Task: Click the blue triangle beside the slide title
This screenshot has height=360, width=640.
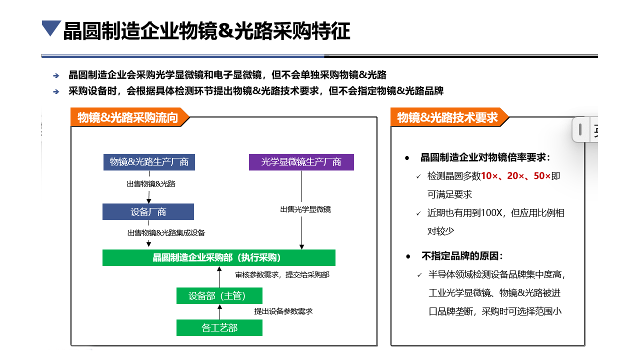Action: [51, 28]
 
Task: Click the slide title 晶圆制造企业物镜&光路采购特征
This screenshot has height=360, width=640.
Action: [206, 31]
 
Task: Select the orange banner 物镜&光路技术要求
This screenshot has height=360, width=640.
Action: [447, 117]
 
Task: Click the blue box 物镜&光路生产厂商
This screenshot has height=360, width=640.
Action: [149, 162]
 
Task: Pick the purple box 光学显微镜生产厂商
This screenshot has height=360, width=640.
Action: [301, 162]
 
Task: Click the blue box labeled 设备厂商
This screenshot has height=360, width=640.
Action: [148, 212]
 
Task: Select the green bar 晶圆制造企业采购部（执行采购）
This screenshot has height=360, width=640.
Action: [218, 257]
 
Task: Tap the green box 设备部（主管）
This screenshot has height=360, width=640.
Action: [219, 295]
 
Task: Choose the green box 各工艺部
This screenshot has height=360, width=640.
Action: [219, 328]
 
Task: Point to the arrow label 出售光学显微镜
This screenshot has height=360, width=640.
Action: [305, 209]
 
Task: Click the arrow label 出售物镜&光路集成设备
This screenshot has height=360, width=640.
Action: [166, 233]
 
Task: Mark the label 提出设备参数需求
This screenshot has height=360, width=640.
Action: [283, 311]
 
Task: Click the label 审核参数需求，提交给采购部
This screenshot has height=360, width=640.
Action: [282, 275]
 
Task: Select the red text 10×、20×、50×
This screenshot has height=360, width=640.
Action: [515, 176]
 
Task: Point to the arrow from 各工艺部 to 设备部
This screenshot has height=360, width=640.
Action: [219, 312]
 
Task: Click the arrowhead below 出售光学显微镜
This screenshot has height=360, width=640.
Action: [301, 246]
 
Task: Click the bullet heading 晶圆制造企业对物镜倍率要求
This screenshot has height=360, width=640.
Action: [485, 157]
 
